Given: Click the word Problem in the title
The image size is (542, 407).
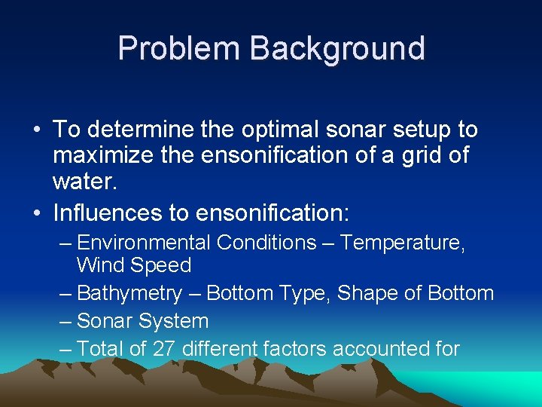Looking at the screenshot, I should pyautogui.click(x=178, y=48).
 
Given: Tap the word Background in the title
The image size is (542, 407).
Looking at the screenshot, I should pyautogui.click(x=337, y=48).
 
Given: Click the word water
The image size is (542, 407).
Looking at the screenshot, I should pyautogui.click(x=85, y=182).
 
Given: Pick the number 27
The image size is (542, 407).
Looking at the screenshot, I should pyautogui.click(x=163, y=349).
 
